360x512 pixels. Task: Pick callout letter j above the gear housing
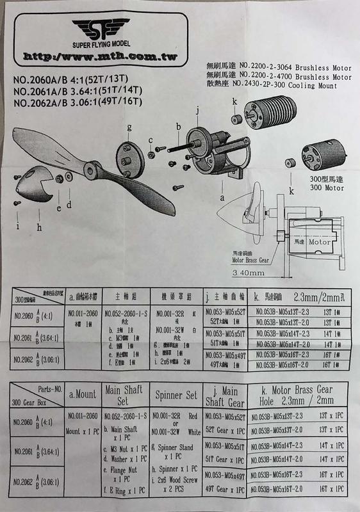[x=199, y=111]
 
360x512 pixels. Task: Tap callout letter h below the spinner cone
[x=39, y=226]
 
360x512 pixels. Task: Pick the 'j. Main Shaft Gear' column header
[x=222, y=397]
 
